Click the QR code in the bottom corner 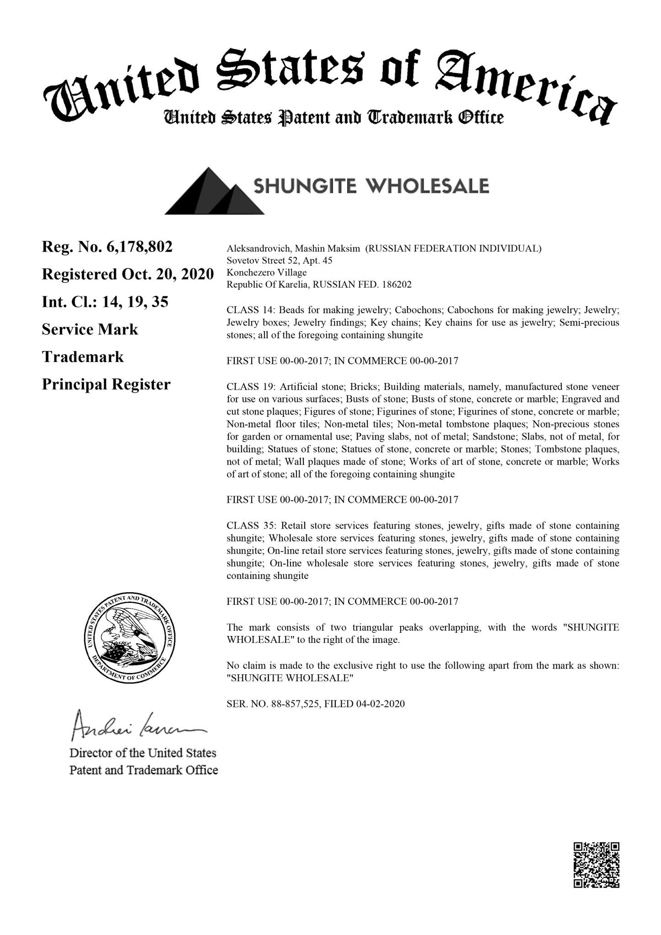click(597, 865)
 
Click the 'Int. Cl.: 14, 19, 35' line click(105, 302)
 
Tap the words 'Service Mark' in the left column click(90, 329)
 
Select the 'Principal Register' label click(106, 384)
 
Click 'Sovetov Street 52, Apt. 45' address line click(279, 261)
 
